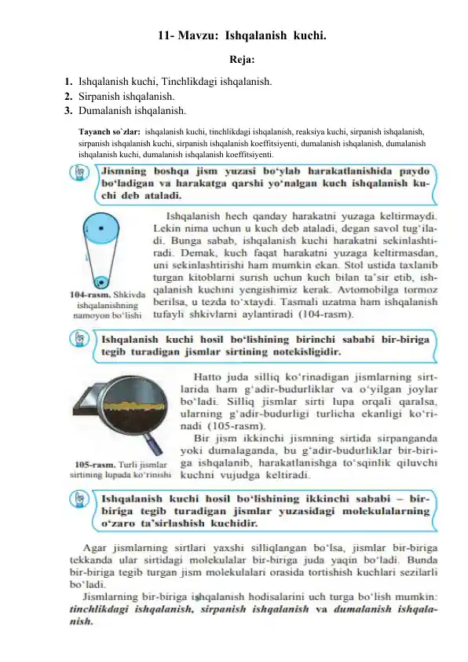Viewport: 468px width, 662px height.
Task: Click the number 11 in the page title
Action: click(164, 35)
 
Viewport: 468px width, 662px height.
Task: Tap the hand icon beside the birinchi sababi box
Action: click(82, 340)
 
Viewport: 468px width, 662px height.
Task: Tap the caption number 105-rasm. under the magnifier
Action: click(93, 465)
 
